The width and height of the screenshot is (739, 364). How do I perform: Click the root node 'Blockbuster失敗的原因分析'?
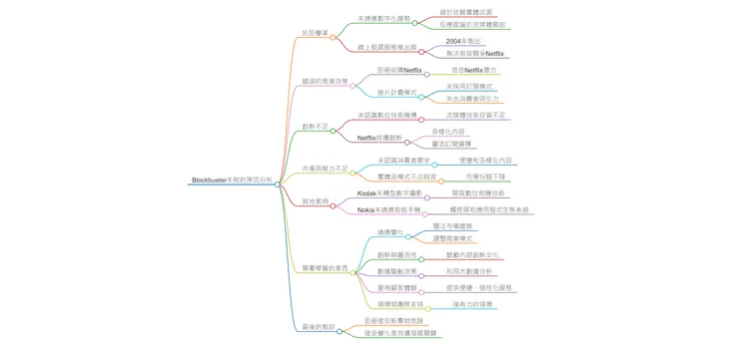pyautogui.click(x=231, y=181)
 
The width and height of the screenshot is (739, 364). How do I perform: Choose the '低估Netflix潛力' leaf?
pyautogui.click(x=474, y=71)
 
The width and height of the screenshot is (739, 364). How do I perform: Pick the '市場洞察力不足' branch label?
pyautogui.click(x=312, y=168)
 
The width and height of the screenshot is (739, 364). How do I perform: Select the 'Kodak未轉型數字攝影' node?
pyautogui.click(x=390, y=192)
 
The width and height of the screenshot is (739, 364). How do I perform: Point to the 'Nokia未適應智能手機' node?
pyautogui.click(x=389, y=209)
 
